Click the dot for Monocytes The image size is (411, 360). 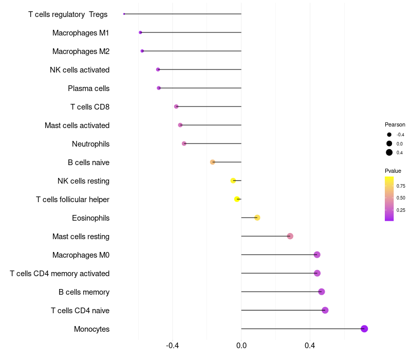coord(364,329)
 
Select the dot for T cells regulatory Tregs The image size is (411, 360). coord(124,14)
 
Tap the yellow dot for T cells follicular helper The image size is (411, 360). coord(237,199)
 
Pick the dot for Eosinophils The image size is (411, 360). coord(257,218)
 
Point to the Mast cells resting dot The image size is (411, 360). coord(290,236)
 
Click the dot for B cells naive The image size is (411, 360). coord(213,162)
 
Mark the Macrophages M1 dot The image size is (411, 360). coord(140,32)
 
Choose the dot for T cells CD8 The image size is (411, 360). coord(176,106)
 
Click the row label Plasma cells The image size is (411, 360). coord(88,88)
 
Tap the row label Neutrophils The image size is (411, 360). coord(90,144)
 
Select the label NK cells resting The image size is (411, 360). coord(83,181)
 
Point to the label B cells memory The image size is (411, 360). coord(84,292)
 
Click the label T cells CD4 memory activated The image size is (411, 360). coord(60,274)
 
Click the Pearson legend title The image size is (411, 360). coord(395,124)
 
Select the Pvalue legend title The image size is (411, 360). coord(393,171)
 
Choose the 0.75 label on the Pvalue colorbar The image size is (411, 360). coord(401,186)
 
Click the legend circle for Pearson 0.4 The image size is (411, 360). coord(389,152)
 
